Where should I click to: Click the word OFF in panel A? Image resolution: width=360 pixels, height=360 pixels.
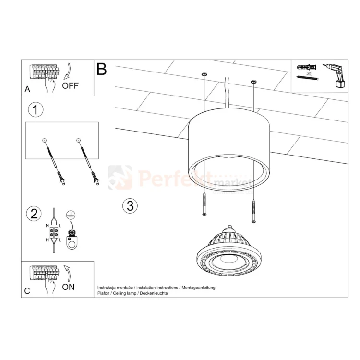pyautogui.click(x=70, y=86)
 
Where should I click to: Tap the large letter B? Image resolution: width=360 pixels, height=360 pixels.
pyautogui.click(x=101, y=69)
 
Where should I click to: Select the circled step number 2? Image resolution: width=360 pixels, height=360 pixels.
pyautogui.click(x=34, y=214)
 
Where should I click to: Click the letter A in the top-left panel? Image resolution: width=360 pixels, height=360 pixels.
pyautogui.click(x=27, y=89)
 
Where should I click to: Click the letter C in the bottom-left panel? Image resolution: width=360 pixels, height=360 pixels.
pyautogui.click(x=27, y=290)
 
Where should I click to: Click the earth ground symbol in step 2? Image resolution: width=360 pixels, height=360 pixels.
pyautogui.click(x=70, y=216)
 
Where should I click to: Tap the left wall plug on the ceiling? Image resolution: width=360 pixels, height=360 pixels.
pyautogui.click(x=204, y=74)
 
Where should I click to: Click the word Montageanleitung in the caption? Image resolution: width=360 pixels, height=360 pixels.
pyautogui.click(x=198, y=287)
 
